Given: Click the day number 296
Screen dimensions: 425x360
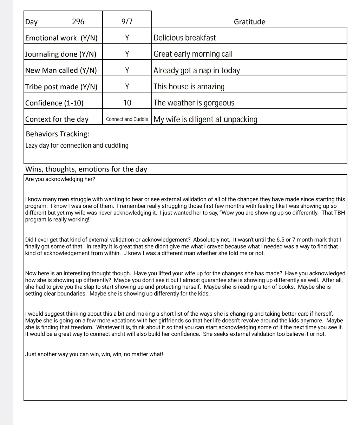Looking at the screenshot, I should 78,22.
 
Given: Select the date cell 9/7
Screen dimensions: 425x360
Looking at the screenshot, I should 127,22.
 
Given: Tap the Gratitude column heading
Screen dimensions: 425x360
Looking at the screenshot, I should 249,22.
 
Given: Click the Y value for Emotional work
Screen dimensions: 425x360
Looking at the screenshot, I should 127,38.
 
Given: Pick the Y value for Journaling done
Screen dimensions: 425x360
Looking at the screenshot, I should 127,54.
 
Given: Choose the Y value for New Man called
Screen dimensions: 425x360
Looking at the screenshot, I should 127,70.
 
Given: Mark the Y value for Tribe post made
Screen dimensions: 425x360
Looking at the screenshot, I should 127,86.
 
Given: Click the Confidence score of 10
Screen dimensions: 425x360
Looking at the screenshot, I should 127,103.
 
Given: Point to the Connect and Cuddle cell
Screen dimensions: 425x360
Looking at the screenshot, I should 127,119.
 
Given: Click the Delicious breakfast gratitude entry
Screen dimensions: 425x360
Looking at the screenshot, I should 185,38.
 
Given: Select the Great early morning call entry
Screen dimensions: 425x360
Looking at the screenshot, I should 193,54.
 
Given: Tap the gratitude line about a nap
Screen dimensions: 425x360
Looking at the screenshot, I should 197,70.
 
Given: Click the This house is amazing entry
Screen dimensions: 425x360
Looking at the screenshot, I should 189,86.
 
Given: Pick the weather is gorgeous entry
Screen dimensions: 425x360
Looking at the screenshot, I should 194,103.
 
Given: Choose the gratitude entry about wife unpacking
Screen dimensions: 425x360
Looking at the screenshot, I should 205,119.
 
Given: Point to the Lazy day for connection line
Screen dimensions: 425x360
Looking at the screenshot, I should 77,146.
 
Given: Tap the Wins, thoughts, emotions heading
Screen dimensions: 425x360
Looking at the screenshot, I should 86,169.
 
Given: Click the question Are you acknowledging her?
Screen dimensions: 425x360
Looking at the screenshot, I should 60,179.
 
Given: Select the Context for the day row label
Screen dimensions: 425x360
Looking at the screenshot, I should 57,119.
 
